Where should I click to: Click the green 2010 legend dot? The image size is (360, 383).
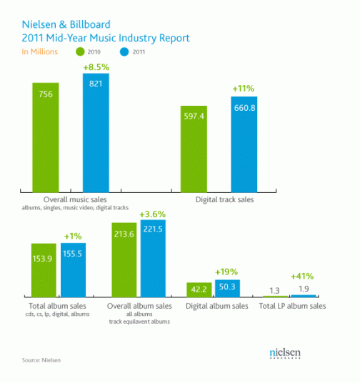(80, 51)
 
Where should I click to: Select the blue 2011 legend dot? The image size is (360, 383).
(124, 51)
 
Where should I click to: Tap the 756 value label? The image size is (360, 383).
(46, 94)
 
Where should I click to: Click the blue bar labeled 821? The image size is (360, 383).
(96, 133)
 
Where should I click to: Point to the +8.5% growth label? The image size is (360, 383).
(96, 67)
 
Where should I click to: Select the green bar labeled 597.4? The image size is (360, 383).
(194, 149)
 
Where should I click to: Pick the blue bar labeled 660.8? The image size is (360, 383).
(244, 144)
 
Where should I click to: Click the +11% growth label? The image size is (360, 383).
(244, 89)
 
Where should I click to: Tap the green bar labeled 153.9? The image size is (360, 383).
(44, 270)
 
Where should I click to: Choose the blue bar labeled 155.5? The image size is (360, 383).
(74, 270)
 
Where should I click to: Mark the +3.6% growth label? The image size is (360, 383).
(152, 214)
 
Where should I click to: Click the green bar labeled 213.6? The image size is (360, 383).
(124, 260)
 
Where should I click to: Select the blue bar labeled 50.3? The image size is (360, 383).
(227, 288)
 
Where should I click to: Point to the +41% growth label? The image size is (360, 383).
(302, 277)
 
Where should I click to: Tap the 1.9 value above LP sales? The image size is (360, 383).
(304, 289)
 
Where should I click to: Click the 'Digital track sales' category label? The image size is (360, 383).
(225, 200)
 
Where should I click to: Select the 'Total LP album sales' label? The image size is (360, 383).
(292, 306)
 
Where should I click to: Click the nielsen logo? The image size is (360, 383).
(285, 353)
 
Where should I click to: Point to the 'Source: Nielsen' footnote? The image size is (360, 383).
(41, 360)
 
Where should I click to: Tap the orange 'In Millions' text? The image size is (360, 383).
(40, 51)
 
